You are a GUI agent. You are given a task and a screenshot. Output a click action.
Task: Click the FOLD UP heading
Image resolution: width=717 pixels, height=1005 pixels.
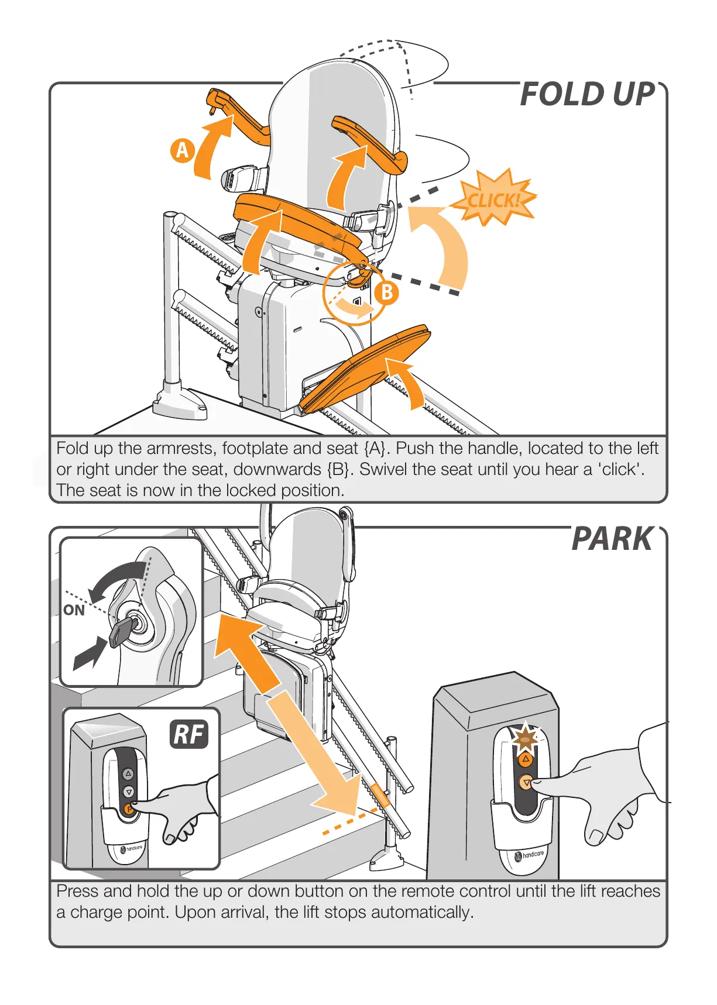pos(587,95)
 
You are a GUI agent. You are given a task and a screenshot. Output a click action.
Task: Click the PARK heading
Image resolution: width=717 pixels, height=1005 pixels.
pos(612,539)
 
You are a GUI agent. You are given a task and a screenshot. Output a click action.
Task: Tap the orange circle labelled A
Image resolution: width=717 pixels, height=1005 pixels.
pos(183,150)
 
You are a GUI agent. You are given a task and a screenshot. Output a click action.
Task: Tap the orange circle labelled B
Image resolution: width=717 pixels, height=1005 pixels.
pos(387,292)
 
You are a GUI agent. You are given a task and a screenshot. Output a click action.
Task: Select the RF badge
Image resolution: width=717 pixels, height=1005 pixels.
pos(189,734)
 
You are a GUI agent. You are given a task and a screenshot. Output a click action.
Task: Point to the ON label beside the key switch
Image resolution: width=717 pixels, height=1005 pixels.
pos(74,611)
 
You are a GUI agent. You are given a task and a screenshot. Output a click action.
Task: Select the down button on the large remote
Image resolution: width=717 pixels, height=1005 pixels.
pos(526,782)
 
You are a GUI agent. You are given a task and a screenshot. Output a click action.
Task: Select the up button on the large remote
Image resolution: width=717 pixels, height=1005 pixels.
pos(526,759)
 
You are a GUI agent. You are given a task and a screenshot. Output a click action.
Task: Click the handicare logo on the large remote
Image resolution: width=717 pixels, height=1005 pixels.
pos(529,856)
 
